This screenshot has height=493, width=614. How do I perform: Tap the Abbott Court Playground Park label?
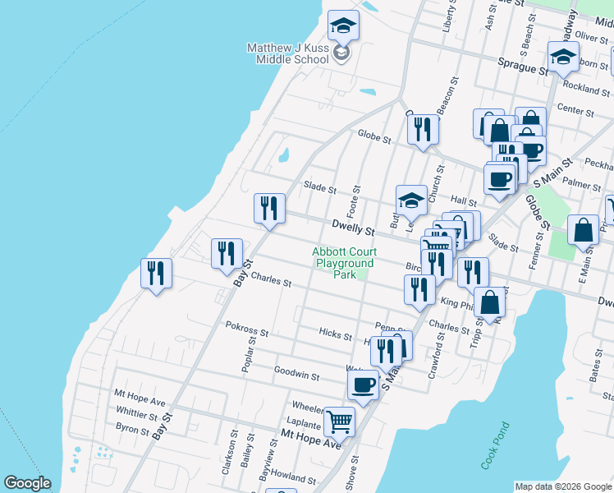[342, 263]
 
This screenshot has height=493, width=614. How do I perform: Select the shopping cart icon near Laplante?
[339, 422]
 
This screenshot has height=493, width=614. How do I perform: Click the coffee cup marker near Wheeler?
[362, 385]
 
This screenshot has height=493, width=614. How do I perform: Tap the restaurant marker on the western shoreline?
[156, 273]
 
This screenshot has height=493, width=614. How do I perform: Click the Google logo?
[27, 483]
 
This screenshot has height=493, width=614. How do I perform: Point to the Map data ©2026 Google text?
[563, 486]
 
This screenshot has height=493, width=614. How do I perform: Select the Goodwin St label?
[296, 375]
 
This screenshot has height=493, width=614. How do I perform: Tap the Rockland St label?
[584, 88]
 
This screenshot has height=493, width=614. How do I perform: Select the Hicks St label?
[335, 333]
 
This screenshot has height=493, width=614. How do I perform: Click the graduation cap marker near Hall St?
[411, 200]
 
